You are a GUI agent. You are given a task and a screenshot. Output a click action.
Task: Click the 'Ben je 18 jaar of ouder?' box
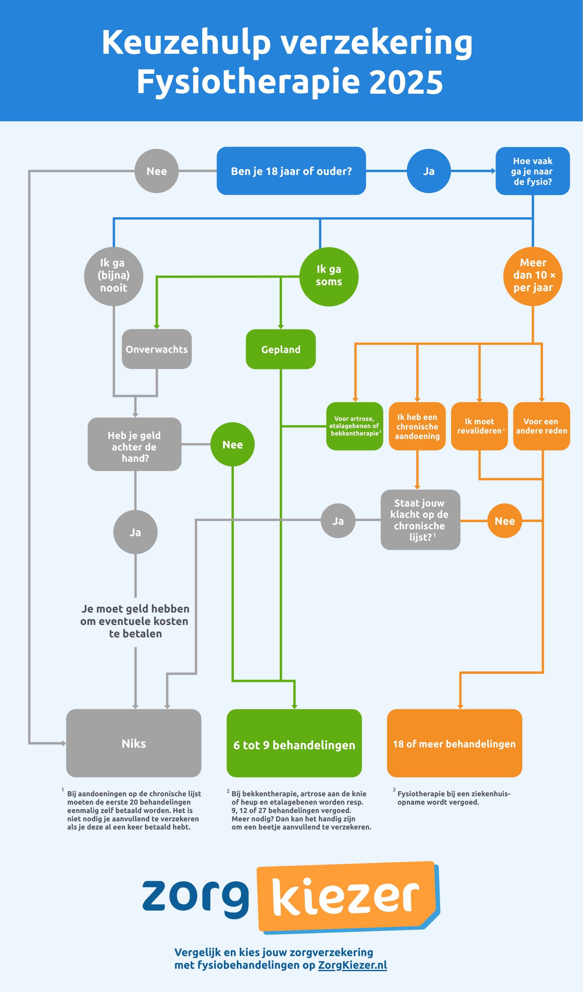(291, 171)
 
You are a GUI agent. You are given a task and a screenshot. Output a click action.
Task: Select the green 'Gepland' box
(281, 349)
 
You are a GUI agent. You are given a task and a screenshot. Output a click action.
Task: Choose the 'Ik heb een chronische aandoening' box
(417, 426)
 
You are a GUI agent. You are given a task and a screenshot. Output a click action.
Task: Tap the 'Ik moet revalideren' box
(479, 426)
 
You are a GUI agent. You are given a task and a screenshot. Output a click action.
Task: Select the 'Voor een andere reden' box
(541, 426)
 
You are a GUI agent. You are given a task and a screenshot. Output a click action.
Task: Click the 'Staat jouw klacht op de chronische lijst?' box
(420, 520)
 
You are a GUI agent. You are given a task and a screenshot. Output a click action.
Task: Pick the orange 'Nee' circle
(504, 520)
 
